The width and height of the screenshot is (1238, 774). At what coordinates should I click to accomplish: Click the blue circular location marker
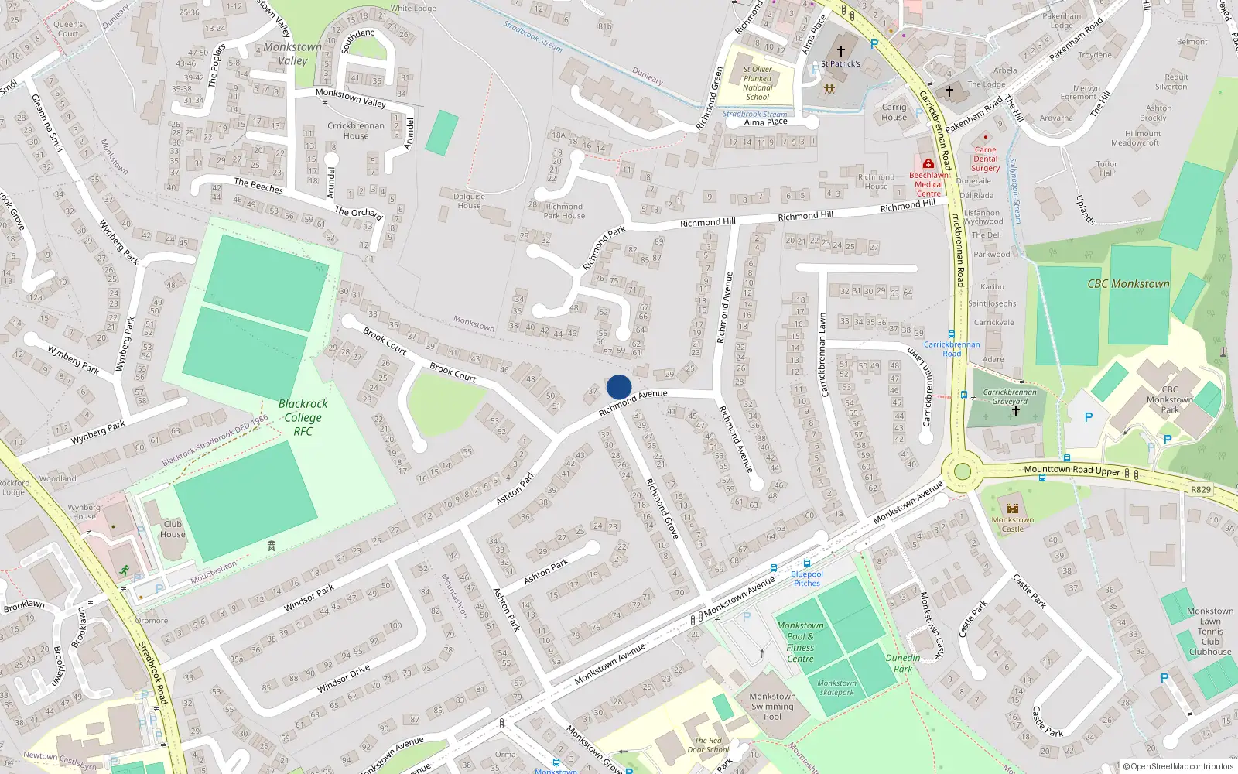click(x=619, y=387)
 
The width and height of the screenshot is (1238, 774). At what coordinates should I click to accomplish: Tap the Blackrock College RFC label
click(x=303, y=417)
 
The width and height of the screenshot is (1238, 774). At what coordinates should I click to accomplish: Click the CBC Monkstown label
click(x=1128, y=284)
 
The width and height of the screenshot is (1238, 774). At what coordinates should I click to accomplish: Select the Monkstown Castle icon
click(x=1012, y=509)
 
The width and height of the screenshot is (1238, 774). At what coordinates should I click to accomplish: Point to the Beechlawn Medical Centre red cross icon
click(x=928, y=164)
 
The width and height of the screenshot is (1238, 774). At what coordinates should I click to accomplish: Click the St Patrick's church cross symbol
click(x=841, y=51)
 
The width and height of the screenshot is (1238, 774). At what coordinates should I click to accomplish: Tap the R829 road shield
click(x=1200, y=490)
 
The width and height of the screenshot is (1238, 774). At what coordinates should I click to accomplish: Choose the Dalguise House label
click(x=469, y=201)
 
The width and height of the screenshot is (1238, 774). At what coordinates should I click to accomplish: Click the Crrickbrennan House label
click(x=355, y=131)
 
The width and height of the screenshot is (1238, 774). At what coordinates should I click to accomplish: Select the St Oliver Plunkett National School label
click(x=758, y=83)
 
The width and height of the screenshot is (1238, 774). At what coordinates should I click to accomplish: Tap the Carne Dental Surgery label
click(x=985, y=159)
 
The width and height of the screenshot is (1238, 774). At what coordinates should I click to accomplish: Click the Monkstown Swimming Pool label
click(x=772, y=706)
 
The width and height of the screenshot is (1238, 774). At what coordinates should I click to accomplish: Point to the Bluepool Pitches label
click(x=807, y=579)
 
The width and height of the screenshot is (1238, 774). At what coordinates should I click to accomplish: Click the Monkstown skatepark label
click(x=836, y=687)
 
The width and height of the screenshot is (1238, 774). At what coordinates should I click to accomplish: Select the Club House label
click(x=173, y=529)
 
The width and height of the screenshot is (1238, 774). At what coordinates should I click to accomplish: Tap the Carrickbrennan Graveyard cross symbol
click(x=1016, y=411)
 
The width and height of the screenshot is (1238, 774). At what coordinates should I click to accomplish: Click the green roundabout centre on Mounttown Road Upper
click(x=962, y=471)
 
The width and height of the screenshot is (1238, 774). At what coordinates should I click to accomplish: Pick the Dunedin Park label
click(x=903, y=663)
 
